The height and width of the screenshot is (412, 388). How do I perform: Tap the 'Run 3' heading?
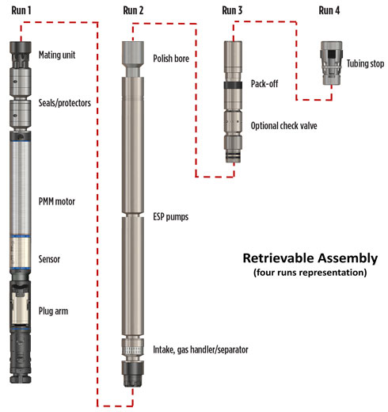(x=237, y=10)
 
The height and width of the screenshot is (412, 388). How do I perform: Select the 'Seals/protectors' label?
(x=69, y=104)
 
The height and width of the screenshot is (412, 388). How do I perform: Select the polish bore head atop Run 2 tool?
(x=131, y=55)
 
